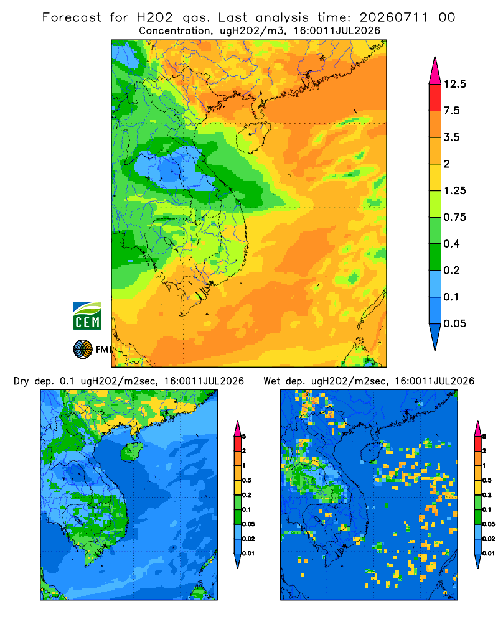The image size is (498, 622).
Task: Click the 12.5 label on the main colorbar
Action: (x=454, y=84)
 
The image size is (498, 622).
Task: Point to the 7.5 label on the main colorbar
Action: (x=451, y=111)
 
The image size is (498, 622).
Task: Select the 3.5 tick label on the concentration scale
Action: (x=451, y=137)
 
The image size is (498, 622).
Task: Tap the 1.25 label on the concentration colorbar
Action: (x=454, y=190)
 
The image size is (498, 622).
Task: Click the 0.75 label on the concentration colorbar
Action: (x=454, y=217)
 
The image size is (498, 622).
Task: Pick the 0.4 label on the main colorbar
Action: (x=451, y=244)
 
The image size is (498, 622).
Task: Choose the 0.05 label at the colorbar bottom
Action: (x=454, y=323)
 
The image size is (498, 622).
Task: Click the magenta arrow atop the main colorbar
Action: (x=435, y=71)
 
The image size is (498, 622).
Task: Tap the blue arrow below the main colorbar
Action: (x=435, y=337)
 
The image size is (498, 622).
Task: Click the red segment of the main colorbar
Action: (x=435, y=98)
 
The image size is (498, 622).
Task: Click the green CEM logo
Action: (x=87, y=316)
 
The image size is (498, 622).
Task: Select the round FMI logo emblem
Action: (x=83, y=349)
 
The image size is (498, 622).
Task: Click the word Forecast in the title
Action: (x=72, y=17)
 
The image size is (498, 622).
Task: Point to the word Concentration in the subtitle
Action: (x=175, y=31)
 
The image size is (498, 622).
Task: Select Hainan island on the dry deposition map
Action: (x=131, y=452)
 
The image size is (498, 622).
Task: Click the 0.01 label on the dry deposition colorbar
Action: (x=248, y=554)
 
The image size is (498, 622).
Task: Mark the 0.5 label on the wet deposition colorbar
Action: (x=486, y=480)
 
